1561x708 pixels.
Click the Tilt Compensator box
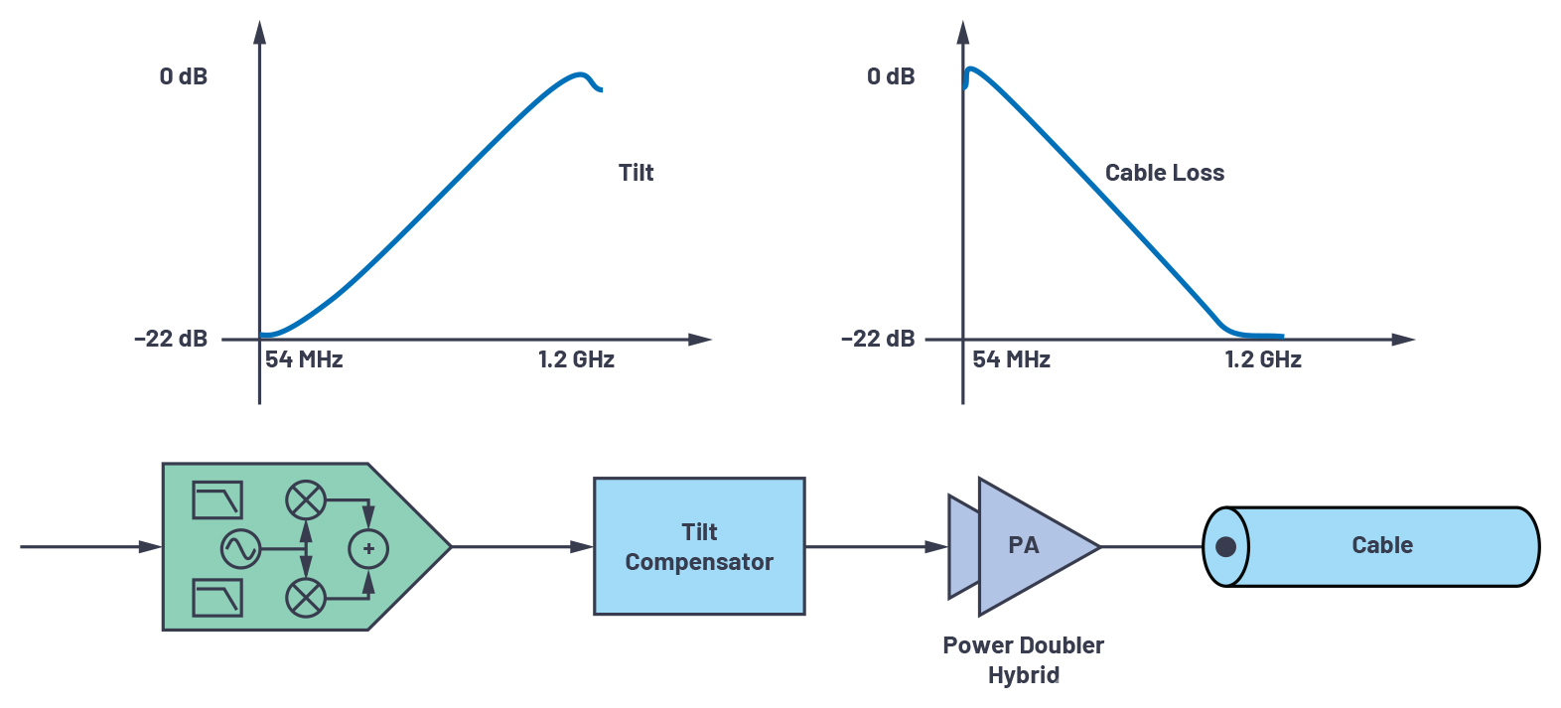[x=699, y=546]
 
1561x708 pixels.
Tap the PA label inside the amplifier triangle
[x=1023, y=545]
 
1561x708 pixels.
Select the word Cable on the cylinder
[x=1382, y=545]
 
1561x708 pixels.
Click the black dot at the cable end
[x=1225, y=547]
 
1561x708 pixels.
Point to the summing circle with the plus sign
[x=368, y=549]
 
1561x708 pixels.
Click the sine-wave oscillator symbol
[x=240, y=549]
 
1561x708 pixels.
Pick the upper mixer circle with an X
[x=305, y=500]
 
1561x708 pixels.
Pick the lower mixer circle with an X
[x=305, y=598]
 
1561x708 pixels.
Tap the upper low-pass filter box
[x=217, y=500]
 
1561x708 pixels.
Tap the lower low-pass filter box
[x=217, y=598]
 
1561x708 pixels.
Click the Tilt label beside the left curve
[x=636, y=173]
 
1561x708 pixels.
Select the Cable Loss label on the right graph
[x=1165, y=173]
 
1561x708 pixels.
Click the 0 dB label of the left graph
[x=184, y=75]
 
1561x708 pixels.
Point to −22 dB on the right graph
[x=878, y=339]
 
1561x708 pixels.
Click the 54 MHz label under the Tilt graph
[x=304, y=359]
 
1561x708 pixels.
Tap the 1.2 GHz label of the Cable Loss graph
[x=1263, y=359]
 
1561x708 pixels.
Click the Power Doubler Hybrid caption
[x=1023, y=660]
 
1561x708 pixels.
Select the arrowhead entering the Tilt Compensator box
[x=581, y=547]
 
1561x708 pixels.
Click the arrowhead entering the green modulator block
[x=151, y=547]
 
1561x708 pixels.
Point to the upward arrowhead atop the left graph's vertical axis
[x=260, y=32]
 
